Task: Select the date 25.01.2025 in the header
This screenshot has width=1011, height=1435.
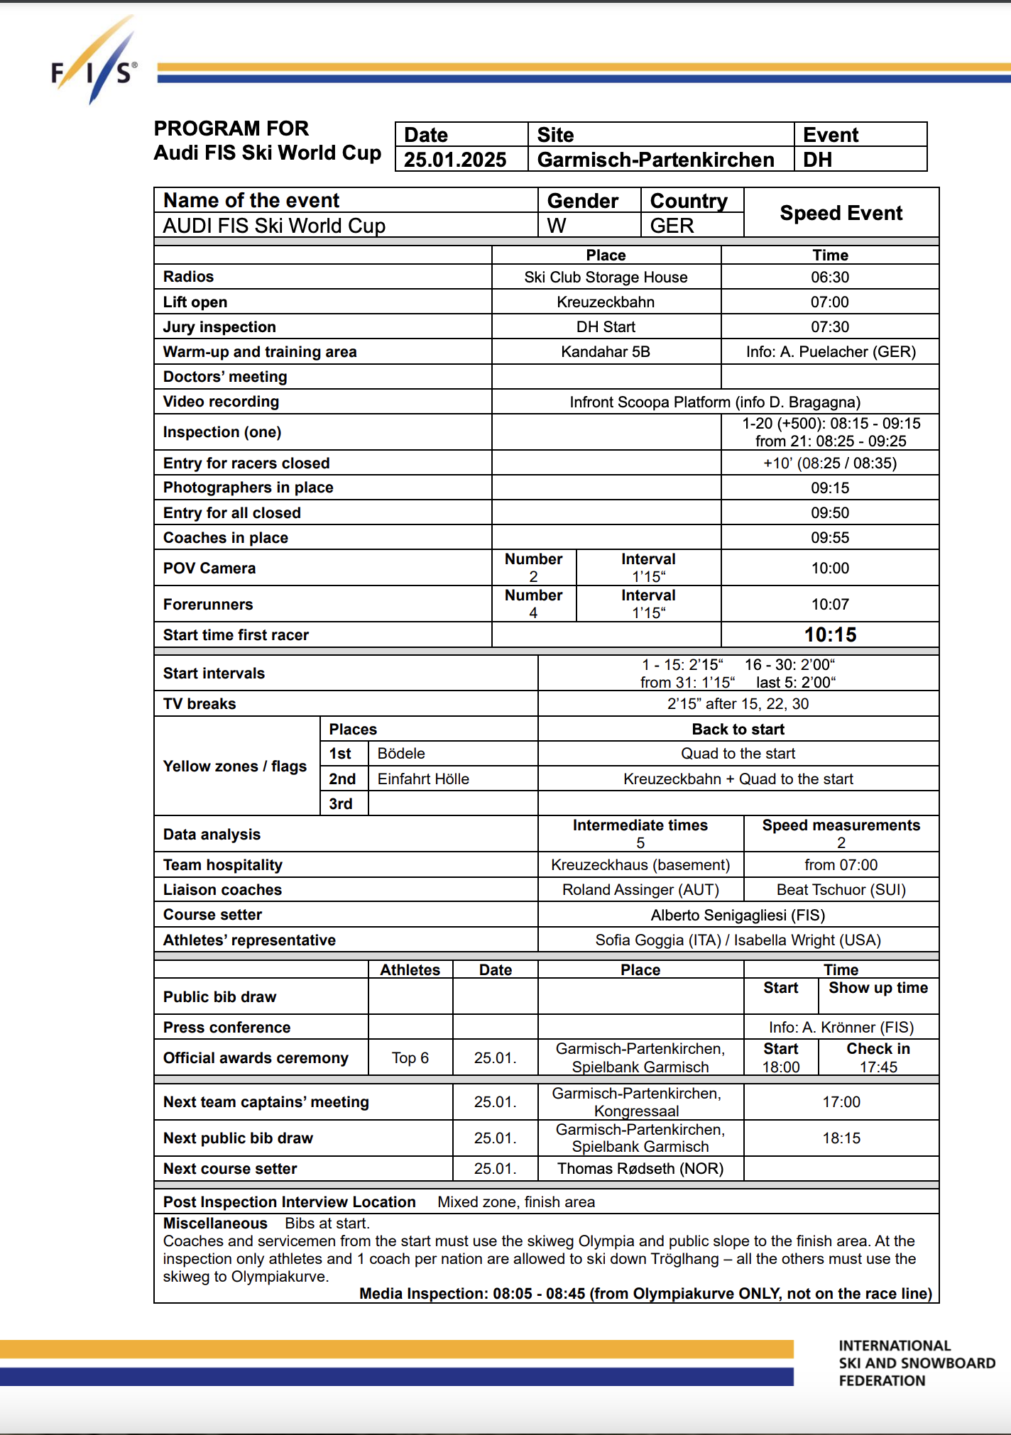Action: click(x=455, y=160)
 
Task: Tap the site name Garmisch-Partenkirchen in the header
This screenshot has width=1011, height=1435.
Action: click(x=655, y=160)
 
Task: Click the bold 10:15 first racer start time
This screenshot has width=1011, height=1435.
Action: click(x=830, y=634)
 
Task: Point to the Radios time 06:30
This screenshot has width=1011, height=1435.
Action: click(x=830, y=277)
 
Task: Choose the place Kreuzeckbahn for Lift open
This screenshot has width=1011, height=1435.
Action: click(x=606, y=302)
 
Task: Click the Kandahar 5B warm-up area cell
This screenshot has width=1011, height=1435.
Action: click(x=606, y=352)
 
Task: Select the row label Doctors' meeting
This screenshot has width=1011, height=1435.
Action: click(x=225, y=377)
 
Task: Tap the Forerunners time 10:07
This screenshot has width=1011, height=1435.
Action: click(x=830, y=605)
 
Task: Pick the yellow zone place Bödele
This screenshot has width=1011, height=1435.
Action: click(x=401, y=754)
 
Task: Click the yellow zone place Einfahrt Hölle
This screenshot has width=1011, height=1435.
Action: click(x=423, y=779)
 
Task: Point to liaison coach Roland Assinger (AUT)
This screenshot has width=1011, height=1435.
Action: click(x=640, y=890)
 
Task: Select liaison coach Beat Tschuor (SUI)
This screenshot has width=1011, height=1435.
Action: click(x=841, y=890)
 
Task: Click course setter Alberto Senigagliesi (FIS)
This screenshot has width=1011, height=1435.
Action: click(x=738, y=915)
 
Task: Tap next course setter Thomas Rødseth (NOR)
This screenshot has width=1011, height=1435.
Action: click(x=640, y=1169)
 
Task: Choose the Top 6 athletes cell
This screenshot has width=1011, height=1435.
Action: click(x=410, y=1058)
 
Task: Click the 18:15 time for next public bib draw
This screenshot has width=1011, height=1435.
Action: click(x=841, y=1138)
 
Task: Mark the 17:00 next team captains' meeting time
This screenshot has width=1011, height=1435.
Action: click(x=841, y=1102)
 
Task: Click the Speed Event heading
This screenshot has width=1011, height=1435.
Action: click(x=841, y=213)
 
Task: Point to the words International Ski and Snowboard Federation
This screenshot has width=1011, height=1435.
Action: click(x=917, y=1363)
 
